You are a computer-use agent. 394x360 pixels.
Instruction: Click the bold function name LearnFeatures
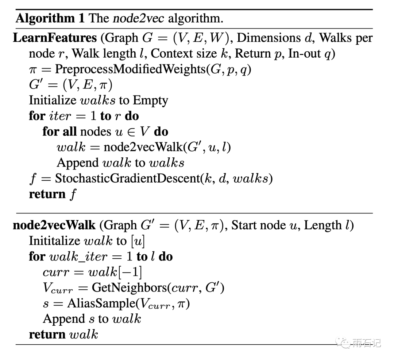[55, 38]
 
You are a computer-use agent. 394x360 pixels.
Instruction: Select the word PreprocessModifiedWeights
[130, 69]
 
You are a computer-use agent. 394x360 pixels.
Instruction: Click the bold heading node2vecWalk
[54, 225]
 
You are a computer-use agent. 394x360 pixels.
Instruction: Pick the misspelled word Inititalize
[54, 241]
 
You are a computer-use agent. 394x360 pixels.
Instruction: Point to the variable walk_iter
[78, 257]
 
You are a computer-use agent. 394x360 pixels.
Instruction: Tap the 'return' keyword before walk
[47, 334]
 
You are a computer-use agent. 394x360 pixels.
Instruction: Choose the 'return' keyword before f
[47, 194]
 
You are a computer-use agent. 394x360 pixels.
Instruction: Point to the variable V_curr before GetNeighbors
[58, 289]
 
